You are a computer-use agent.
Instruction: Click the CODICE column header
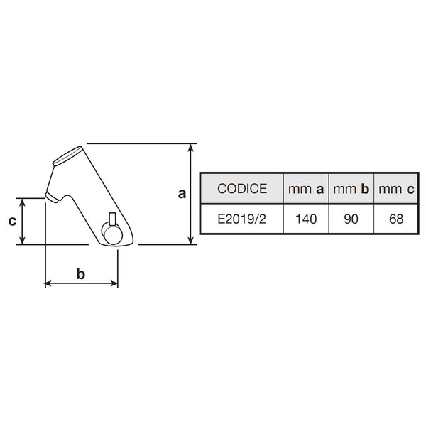[x=242, y=189]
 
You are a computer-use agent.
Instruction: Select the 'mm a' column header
[x=306, y=189]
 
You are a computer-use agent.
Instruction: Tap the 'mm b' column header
[x=351, y=189]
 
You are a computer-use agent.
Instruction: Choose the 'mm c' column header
[x=396, y=189]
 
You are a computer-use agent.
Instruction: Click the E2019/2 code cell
[x=242, y=219]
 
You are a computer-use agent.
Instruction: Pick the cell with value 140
[x=306, y=219]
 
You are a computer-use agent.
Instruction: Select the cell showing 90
[x=351, y=219]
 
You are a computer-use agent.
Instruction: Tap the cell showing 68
[x=396, y=219]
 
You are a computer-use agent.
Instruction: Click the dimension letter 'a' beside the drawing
[x=182, y=194]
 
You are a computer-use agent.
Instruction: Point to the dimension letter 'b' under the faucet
[x=81, y=273]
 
